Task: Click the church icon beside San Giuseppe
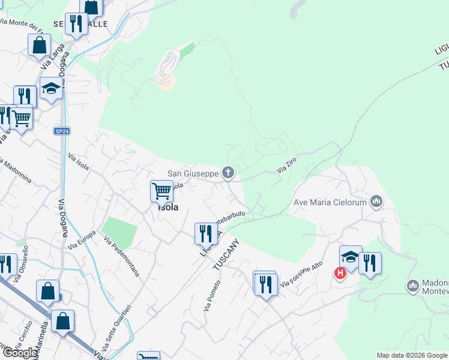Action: pyautogui.click(x=228, y=173)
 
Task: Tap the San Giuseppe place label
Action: pyautogui.click(x=193, y=173)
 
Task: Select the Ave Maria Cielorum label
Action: pyautogui.click(x=330, y=202)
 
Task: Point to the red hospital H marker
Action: pyautogui.click(x=340, y=274)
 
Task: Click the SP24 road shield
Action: pyautogui.click(x=61, y=131)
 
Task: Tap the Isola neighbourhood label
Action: pyautogui.click(x=167, y=208)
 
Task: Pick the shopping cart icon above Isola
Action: pyautogui.click(x=161, y=191)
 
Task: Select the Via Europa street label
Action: pyautogui.click(x=82, y=240)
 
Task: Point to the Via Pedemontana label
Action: pyautogui.click(x=121, y=256)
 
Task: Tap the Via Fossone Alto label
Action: pyautogui.click(x=301, y=274)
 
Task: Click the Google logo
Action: pyautogui.click(x=20, y=353)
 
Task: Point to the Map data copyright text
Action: pyautogui.click(x=412, y=355)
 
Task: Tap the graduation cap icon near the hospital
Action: pyautogui.click(x=350, y=257)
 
